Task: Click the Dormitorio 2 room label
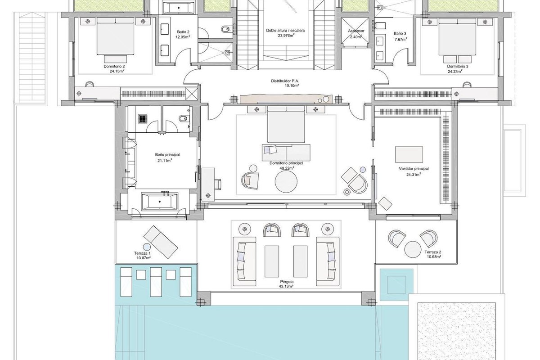pyautogui.click(x=114, y=66)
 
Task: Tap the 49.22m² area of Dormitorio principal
pyautogui.click(x=286, y=168)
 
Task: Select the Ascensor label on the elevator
pyautogui.click(x=356, y=31)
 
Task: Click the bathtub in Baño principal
pyautogui.click(x=160, y=201)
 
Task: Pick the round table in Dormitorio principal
pyautogui.click(x=286, y=181)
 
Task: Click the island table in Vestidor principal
pyautogui.click(x=409, y=154)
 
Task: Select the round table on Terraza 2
pyautogui.click(x=413, y=249)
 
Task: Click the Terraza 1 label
pyautogui.click(x=143, y=253)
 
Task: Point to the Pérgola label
pyautogui.click(x=287, y=281)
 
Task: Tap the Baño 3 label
pyautogui.click(x=400, y=33)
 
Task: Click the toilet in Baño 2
pyautogui.click(x=225, y=29)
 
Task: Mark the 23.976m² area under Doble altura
pyautogui.click(x=286, y=35)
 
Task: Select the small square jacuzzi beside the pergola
pyautogui.click(x=396, y=285)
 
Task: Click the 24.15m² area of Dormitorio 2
pyautogui.click(x=117, y=71)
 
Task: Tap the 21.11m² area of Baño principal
pyautogui.click(x=165, y=160)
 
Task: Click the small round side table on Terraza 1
pyautogui.click(x=147, y=247)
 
